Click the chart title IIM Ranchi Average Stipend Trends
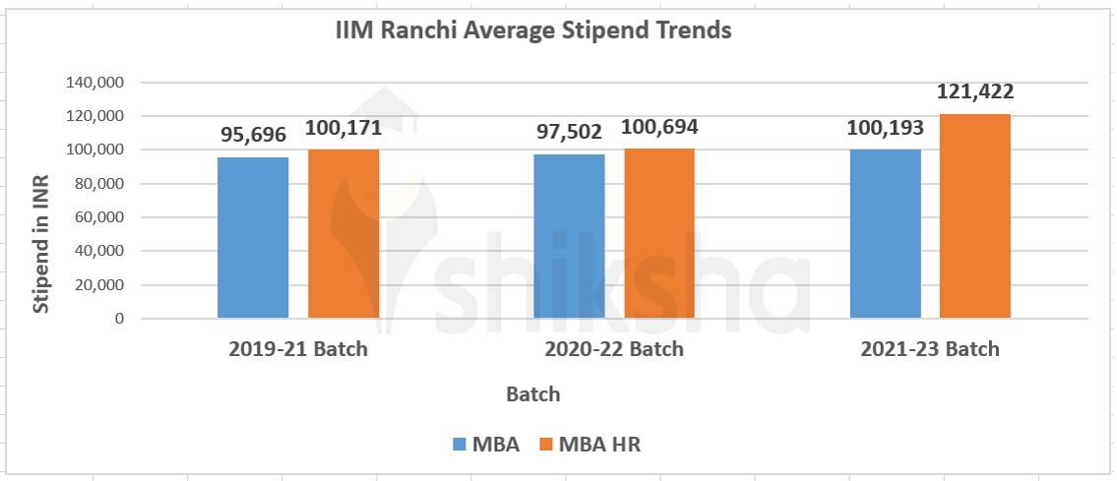533,30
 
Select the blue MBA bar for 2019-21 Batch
253,237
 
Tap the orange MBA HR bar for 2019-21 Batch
343,233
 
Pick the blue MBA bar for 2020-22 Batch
569,236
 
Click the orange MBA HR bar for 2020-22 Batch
659,233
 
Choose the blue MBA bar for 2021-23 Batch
886,233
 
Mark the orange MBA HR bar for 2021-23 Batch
975,215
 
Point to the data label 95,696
253,133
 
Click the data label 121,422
975,92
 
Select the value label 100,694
659,128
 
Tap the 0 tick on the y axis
119,319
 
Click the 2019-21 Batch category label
297,349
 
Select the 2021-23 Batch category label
930,349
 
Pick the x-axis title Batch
533,394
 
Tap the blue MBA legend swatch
459,445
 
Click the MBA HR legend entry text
599,445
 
